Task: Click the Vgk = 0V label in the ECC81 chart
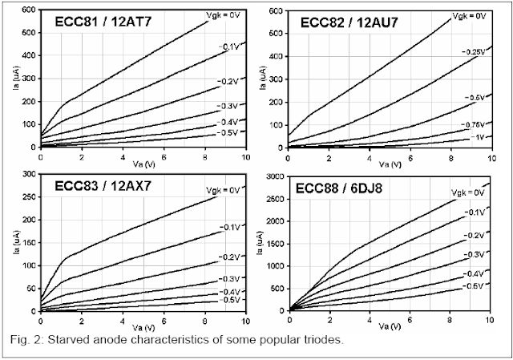point(212,16)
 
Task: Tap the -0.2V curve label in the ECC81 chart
point(228,82)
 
